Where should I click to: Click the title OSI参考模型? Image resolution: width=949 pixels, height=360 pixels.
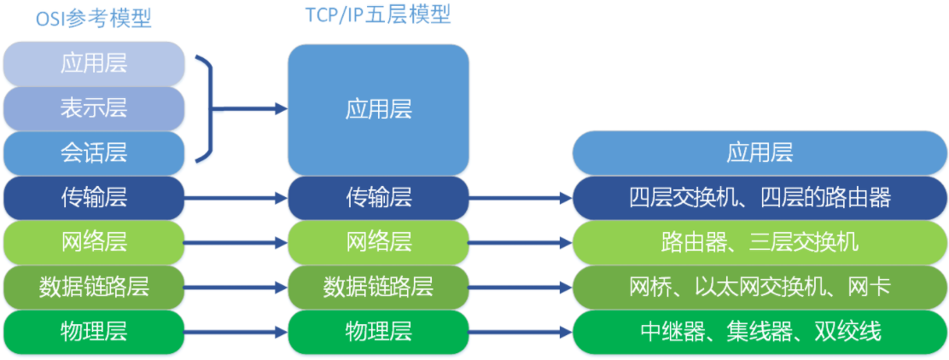93,19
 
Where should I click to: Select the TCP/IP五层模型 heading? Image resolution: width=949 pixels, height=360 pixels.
378,15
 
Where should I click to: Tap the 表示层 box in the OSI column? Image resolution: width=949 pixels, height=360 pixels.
94,109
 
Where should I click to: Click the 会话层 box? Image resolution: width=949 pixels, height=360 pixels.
94,153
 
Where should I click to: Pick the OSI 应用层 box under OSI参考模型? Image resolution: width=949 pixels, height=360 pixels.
94,63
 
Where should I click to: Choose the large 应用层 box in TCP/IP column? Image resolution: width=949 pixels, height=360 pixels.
378,109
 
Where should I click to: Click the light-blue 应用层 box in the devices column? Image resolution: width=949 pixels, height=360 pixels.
760,153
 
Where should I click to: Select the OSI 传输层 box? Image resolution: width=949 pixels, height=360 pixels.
94,198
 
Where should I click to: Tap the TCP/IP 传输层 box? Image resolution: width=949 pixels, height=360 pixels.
378,198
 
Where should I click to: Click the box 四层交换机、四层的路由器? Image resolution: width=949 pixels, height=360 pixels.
760,198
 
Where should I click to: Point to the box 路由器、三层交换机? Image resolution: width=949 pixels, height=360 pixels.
760,242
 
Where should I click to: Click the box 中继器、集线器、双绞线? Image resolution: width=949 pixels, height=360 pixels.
760,332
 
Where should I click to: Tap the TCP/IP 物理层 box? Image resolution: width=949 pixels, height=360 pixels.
378,332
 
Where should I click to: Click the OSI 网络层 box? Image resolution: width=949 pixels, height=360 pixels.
94,242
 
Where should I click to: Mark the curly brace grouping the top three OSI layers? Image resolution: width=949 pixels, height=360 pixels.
205,109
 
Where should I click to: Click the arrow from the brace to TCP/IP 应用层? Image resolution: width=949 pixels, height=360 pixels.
250,109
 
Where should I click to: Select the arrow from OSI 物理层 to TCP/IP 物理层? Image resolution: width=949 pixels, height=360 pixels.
236,332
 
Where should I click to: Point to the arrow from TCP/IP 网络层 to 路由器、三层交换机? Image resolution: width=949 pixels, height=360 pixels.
521,242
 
